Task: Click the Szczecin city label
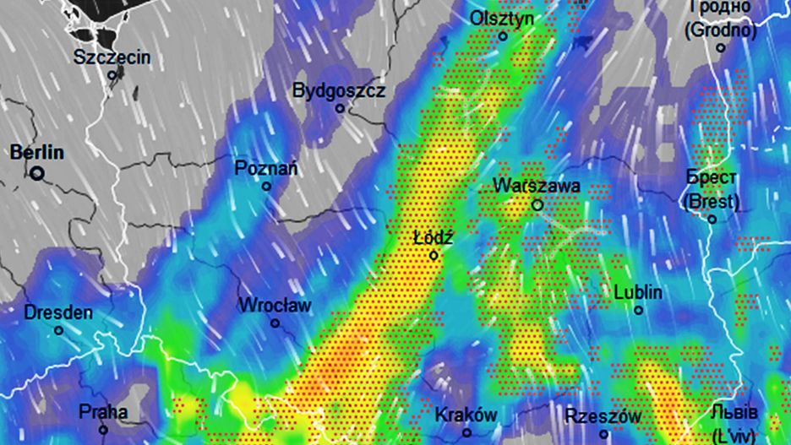[112, 57]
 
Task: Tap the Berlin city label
[36, 153]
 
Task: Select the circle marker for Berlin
[37, 173]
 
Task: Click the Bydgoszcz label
[338, 90]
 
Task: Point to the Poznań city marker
[267, 186]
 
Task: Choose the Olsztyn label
[502, 18]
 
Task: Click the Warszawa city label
[537, 186]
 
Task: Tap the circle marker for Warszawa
[537, 205]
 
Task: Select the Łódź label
[434, 238]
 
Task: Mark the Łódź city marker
[434, 255]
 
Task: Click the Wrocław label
[275, 305]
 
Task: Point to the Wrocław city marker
[275, 323]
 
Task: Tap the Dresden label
[57, 312]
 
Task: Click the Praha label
[103, 412]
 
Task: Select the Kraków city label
[466, 415]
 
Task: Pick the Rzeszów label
[603, 416]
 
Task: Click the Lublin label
[638, 292]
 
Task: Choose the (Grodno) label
[720, 30]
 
